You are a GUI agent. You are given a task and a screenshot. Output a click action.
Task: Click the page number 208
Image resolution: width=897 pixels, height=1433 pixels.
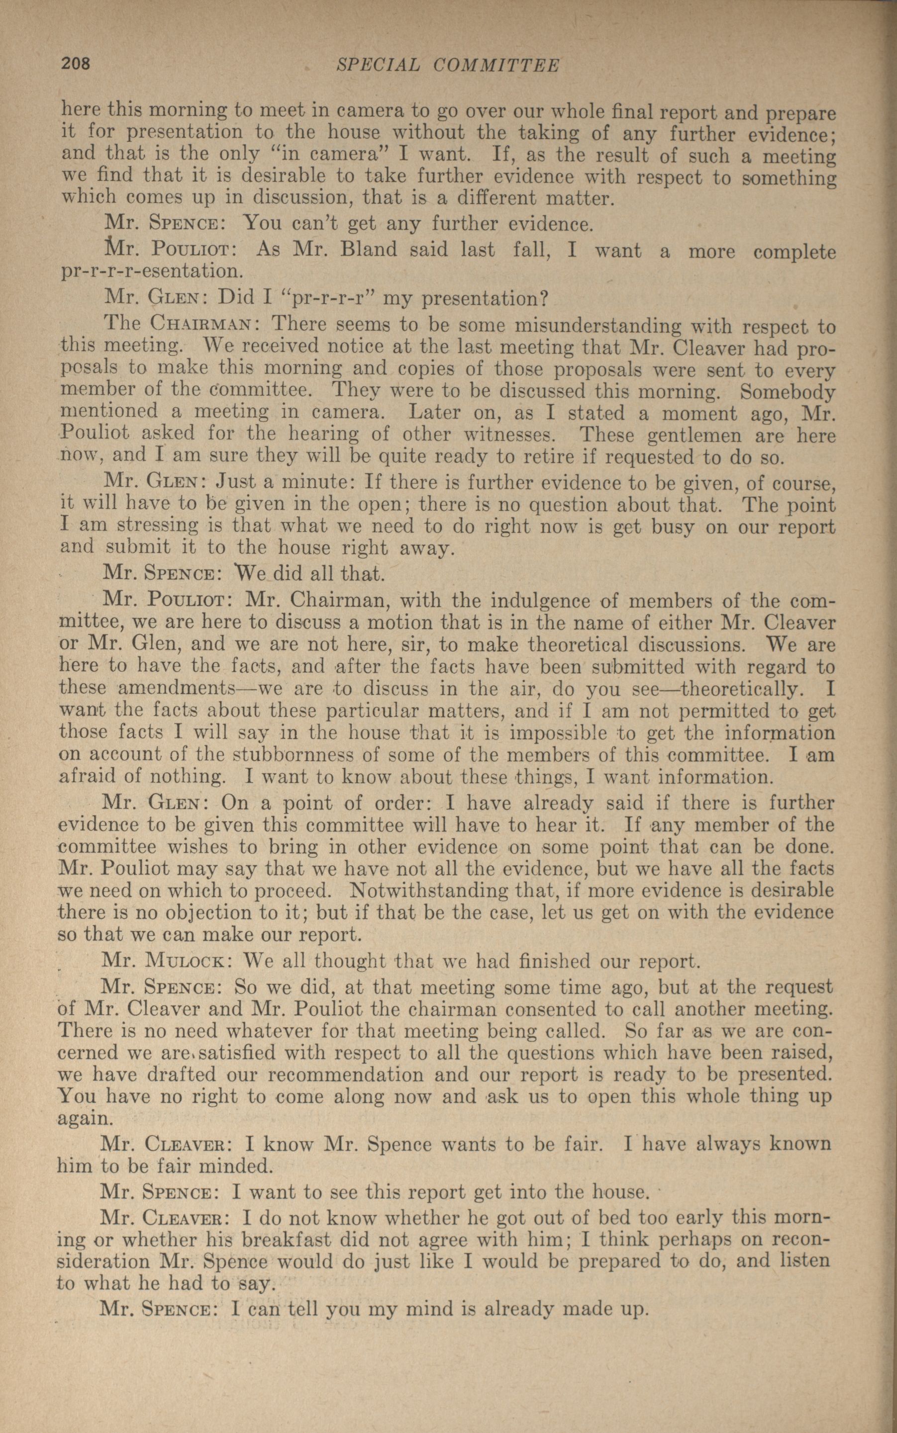tap(75, 64)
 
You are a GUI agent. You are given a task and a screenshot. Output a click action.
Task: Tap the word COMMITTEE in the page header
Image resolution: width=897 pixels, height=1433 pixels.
tap(497, 65)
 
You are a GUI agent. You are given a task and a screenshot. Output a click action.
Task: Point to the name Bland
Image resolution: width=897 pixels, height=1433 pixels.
tap(369, 250)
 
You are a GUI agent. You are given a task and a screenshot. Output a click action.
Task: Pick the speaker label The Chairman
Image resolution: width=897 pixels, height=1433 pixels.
tap(180, 324)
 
